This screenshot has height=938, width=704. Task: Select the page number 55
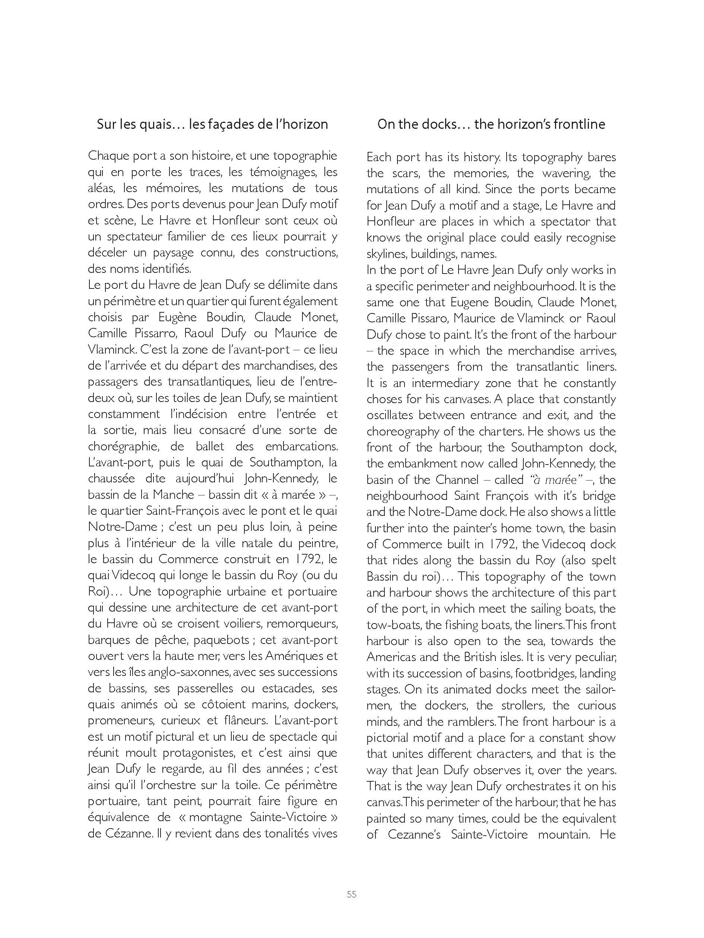[x=352, y=894]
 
